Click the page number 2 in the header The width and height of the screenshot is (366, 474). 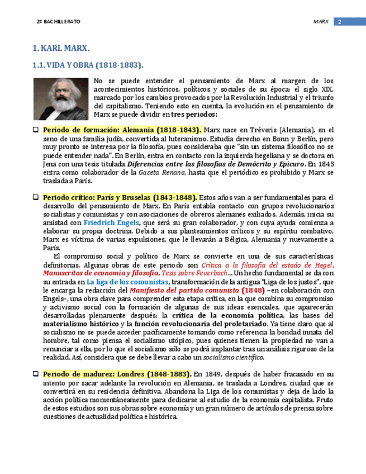(x=340, y=22)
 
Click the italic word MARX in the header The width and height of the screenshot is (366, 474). (x=321, y=22)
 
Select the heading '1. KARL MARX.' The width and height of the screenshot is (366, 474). (x=61, y=49)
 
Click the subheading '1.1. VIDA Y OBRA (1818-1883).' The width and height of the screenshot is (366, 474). (x=88, y=65)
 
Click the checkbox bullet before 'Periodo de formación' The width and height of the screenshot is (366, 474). (x=36, y=130)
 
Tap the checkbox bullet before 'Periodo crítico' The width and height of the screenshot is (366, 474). (x=36, y=198)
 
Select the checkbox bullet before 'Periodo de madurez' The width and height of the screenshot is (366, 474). (x=36, y=373)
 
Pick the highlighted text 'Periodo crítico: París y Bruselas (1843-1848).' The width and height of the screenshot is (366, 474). (x=120, y=198)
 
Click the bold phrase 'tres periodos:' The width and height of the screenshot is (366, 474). (x=194, y=115)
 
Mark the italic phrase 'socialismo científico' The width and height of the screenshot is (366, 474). (x=233, y=358)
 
